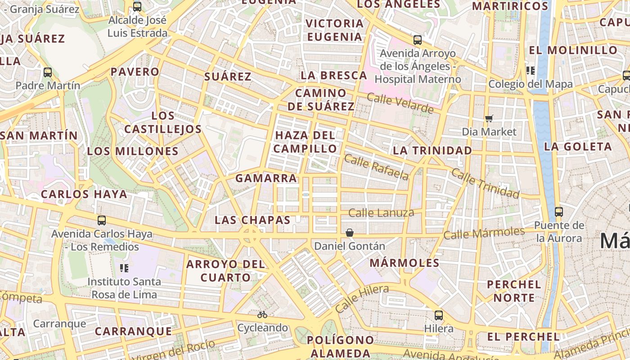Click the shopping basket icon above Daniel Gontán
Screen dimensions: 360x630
[350, 233]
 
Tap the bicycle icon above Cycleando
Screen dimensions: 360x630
[262, 315]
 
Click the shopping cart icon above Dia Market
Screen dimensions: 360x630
[489, 118]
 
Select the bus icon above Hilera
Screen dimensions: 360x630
[439, 315]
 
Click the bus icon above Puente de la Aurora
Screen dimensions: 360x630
[559, 211]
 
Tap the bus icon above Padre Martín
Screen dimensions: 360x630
[48, 72]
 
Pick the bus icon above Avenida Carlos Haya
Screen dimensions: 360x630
[102, 220]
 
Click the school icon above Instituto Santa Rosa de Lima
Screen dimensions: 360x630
[124, 268]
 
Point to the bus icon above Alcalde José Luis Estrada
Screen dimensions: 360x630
[137, 7]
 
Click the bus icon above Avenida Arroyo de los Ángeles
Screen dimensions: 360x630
[418, 40]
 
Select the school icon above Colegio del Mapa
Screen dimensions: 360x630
[531, 70]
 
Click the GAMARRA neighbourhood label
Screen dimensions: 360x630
[266, 178]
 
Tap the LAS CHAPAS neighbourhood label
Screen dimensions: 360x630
[252, 220]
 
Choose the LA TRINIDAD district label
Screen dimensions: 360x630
[432, 150]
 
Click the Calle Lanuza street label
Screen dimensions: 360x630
[381, 213]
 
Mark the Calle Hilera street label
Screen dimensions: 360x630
[362, 299]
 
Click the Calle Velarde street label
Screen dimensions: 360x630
[400, 103]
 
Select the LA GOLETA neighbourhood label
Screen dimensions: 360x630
[578, 146]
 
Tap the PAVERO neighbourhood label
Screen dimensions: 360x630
[135, 72]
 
